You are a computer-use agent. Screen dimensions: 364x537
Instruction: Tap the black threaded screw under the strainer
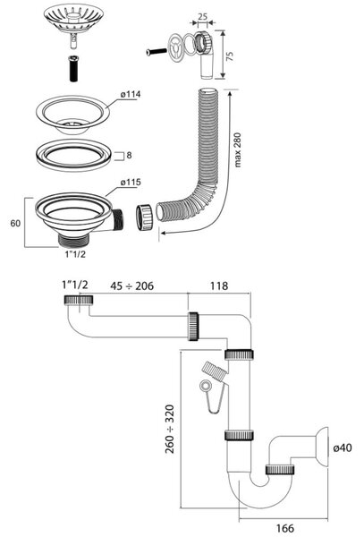(x=74, y=68)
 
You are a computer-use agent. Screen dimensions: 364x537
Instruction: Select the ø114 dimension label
(x=131, y=94)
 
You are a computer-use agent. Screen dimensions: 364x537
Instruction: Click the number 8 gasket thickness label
(x=129, y=155)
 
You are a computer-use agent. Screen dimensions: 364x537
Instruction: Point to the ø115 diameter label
(x=131, y=183)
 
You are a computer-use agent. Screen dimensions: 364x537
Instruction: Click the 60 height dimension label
(x=15, y=223)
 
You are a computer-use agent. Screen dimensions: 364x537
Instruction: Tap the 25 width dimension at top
(x=202, y=16)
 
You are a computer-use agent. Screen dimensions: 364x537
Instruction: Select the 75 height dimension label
(x=231, y=56)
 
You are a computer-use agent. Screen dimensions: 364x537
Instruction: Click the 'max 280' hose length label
(x=237, y=150)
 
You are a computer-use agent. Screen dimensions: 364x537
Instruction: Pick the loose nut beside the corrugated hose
(x=144, y=217)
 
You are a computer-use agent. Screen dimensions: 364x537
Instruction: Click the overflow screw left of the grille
(x=157, y=52)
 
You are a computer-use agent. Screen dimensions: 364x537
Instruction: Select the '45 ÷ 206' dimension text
(x=131, y=286)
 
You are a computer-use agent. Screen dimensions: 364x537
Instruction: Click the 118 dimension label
(x=219, y=286)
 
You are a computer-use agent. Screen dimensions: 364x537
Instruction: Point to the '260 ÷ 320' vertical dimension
(x=170, y=429)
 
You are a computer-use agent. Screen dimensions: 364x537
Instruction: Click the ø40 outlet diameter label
(x=343, y=447)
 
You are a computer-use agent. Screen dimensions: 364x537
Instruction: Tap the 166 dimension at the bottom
(x=285, y=528)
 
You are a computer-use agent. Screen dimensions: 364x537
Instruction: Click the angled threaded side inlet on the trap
(x=214, y=371)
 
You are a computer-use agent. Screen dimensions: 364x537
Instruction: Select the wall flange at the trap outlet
(x=322, y=447)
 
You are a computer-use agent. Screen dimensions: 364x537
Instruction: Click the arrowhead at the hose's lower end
(x=164, y=234)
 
